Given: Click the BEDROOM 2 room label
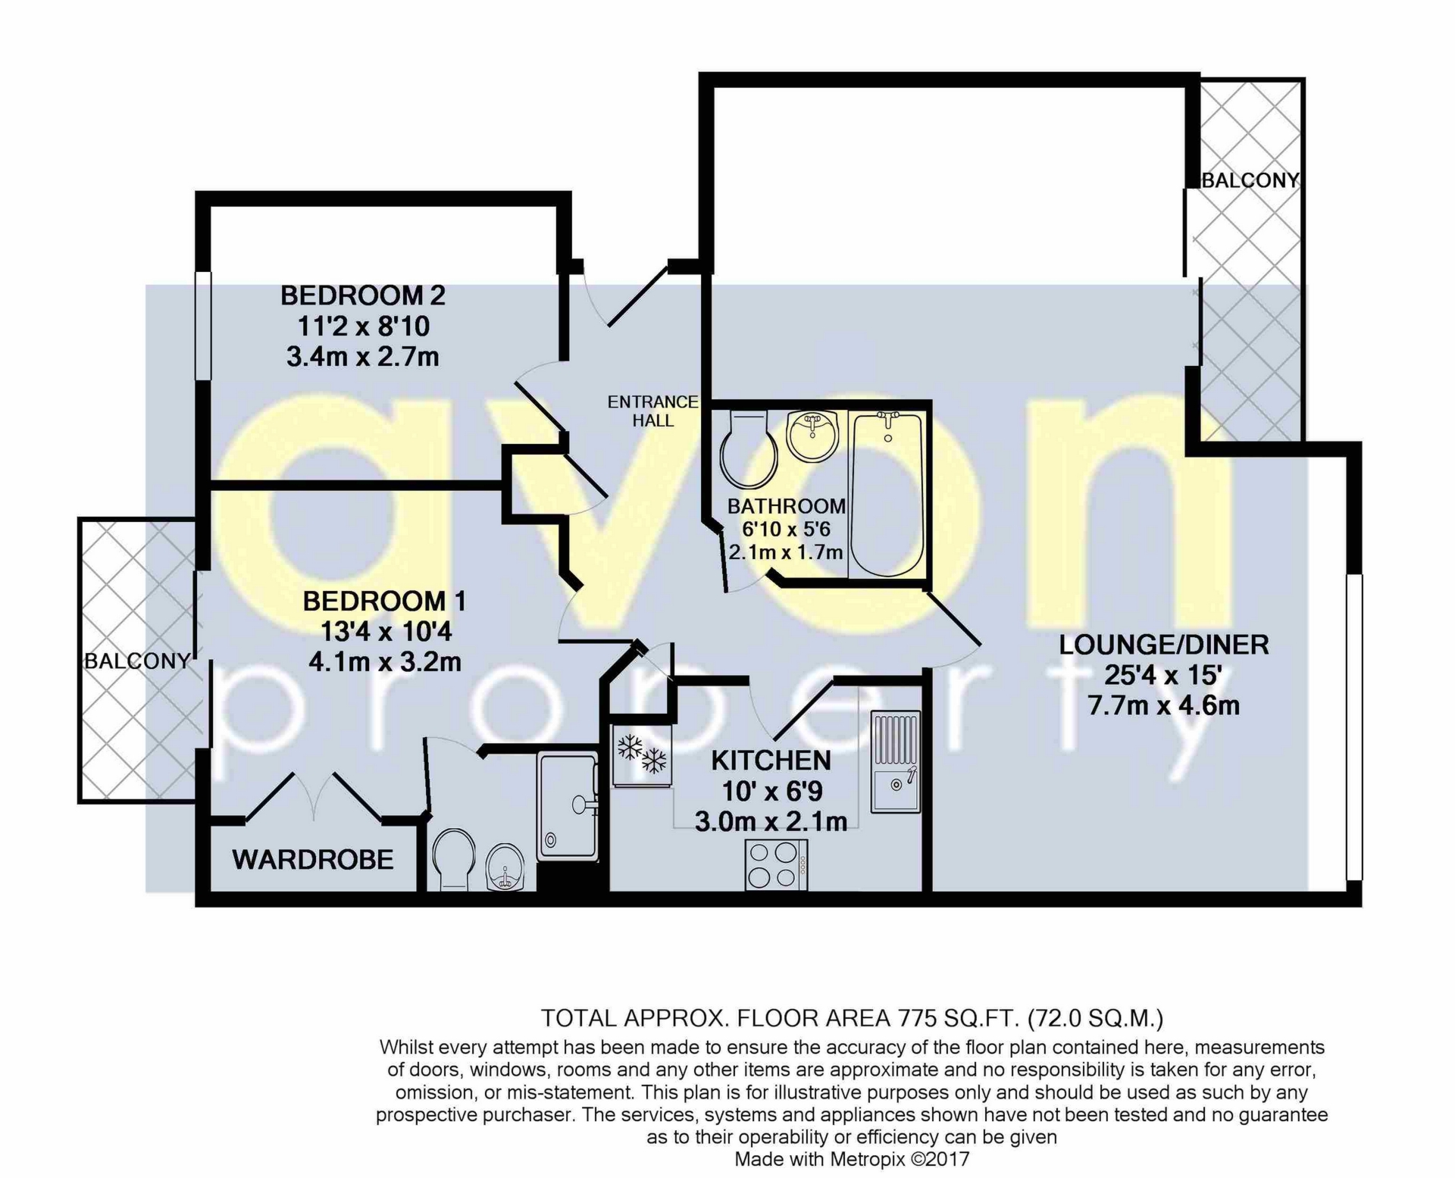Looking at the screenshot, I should pyautogui.click(x=363, y=295).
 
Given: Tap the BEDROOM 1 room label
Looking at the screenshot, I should pyautogui.click(x=384, y=601).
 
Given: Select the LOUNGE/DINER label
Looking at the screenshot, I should pyautogui.click(x=1163, y=645).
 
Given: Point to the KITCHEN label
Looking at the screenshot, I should pyautogui.click(x=771, y=761).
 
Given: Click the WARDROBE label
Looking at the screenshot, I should pyautogui.click(x=313, y=860).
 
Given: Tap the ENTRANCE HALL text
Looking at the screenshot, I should pyautogui.click(x=652, y=411).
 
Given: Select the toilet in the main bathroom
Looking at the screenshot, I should pyautogui.click(x=749, y=451).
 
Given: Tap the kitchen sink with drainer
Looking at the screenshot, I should pyautogui.click(x=895, y=761).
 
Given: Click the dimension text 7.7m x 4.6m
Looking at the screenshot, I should pyautogui.click(x=1163, y=706).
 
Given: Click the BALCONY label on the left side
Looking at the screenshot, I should pyautogui.click(x=137, y=661).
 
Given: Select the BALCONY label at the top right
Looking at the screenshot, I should pyautogui.click(x=1250, y=180).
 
